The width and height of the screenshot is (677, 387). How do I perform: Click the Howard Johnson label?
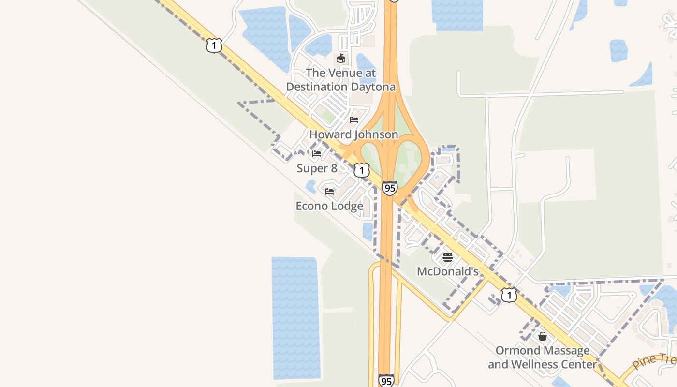click(x=353, y=134)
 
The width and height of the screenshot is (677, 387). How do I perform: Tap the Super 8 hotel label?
click(x=317, y=168)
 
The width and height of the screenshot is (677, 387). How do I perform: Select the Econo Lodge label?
click(x=329, y=206)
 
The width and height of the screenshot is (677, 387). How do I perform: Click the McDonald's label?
click(x=448, y=271)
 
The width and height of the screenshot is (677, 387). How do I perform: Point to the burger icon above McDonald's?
click(x=448, y=257)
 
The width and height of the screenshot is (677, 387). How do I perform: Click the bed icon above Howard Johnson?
click(x=354, y=120)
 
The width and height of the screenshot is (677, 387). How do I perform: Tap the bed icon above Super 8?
click(x=317, y=154)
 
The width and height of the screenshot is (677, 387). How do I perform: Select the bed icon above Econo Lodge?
click(x=329, y=192)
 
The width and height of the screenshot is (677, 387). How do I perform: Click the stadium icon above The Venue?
click(x=341, y=59)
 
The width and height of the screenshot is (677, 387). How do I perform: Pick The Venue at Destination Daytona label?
click(x=341, y=80)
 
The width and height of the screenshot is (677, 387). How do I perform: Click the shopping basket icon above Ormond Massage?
click(x=543, y=336)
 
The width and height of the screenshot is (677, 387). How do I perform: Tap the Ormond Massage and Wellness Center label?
click(x=543, y=357)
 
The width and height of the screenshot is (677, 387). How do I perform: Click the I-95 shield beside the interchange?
click(x=389, y=188)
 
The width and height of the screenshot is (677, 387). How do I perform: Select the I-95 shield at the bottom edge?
click(x=386, y=381)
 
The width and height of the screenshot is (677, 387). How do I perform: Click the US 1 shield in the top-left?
click(x=214, y=45)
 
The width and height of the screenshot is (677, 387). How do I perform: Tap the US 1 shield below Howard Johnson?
click(x=361, y=170)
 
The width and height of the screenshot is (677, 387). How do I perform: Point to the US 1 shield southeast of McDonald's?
click(x=509, y=295)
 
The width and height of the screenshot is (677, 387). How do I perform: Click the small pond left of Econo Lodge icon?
click(x=310, y=186)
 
